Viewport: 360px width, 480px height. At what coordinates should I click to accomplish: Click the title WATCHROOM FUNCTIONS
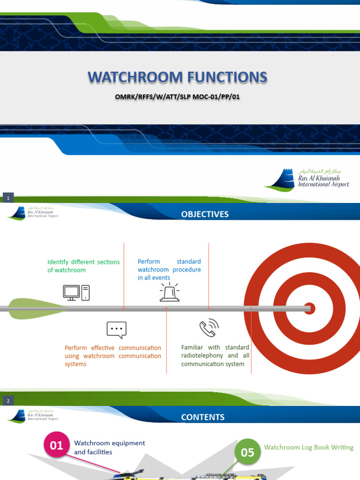click(177, 77)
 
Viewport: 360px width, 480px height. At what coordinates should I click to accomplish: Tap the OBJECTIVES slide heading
click(205, 214)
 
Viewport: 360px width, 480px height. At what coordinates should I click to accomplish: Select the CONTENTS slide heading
click(202, 417)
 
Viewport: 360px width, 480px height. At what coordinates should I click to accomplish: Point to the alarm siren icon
click(169, 292)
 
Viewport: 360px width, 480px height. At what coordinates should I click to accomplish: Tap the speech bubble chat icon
click(116, 330)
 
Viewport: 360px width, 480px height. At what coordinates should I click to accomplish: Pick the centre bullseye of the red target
click(309, 308)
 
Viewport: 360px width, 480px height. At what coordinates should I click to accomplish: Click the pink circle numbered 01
click(57, 445)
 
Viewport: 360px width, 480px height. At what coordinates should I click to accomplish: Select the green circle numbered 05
click(247, 452)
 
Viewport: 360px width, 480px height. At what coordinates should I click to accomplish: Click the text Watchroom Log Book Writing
click(308, 447)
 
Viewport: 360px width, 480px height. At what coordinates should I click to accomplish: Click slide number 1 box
click(8, 198)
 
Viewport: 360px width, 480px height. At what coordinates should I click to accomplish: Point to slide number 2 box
click(8, 401)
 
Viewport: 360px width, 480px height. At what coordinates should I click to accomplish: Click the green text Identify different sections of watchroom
click(83, 266)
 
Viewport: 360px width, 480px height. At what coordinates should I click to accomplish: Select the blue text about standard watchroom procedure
click(169, 270)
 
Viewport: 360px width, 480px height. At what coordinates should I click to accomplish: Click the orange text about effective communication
click(112, 356)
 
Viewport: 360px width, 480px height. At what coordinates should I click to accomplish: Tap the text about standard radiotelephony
click(215, 356)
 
